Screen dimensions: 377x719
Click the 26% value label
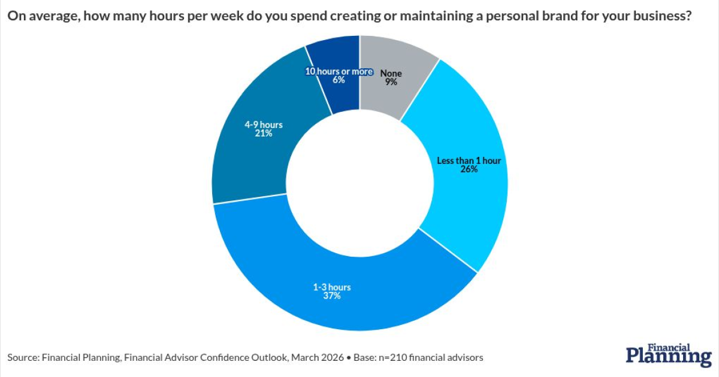[469, 169]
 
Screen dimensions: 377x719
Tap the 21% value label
[263, 133]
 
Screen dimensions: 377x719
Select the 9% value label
[391, 83]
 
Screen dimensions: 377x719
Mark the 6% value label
[339, 80]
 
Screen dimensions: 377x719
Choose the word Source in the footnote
[23, 358]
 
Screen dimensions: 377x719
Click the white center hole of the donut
[359, 183]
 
